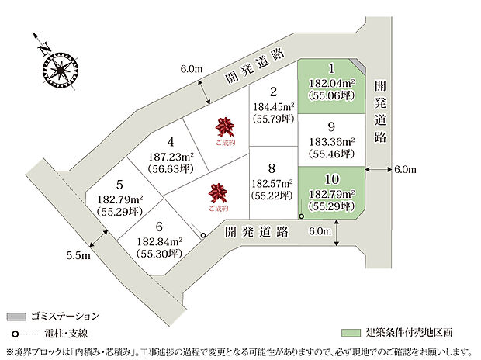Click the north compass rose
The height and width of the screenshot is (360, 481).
tap(56, 67)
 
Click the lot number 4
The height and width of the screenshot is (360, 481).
tap(171, 142)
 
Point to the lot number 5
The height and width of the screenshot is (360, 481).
tap(119, 185)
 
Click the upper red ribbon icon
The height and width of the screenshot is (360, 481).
tap(226, 125)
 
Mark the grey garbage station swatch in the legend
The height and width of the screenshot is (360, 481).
tap(16, 317)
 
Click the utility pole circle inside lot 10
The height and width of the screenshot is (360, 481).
tap(302, 216)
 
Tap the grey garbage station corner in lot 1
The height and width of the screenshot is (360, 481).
tap(355, 64)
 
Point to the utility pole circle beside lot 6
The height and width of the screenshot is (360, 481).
tap(203, 234)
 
